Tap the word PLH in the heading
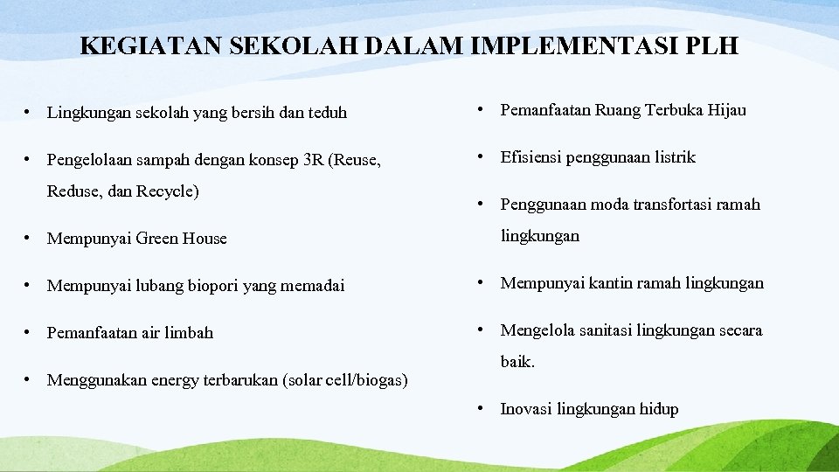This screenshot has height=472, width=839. (x=712, y=45)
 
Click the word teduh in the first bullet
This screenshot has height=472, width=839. (x=326, y=113)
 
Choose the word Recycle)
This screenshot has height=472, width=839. (x=168, y=191)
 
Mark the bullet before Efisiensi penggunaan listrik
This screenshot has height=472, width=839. (x=480, y=157)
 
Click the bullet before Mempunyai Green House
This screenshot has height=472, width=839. (x=29, y=239)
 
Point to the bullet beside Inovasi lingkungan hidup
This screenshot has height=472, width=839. (x=480, y=409)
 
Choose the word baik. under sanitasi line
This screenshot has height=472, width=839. (x=517, y=362)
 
